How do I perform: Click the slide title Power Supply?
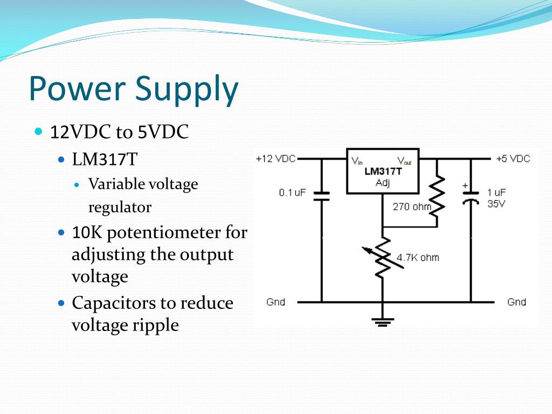coord(133,89)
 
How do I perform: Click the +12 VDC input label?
coord(275,159)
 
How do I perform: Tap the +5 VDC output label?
coord(513,159)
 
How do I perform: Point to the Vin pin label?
coord(357,161)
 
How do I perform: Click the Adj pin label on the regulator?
coord(382,183)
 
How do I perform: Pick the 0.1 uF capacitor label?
coord(293,192)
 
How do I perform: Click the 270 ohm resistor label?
coord(412,206)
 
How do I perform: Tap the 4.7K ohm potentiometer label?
coord(418,258)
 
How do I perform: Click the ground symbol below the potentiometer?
coord(383,322)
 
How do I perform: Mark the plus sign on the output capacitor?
coord(465,186)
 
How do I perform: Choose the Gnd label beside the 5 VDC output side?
coord(516,302)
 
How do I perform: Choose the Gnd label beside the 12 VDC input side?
coord(275,302)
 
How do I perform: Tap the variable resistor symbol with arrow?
coord(382,258)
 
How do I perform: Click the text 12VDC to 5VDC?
coord(119,132)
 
